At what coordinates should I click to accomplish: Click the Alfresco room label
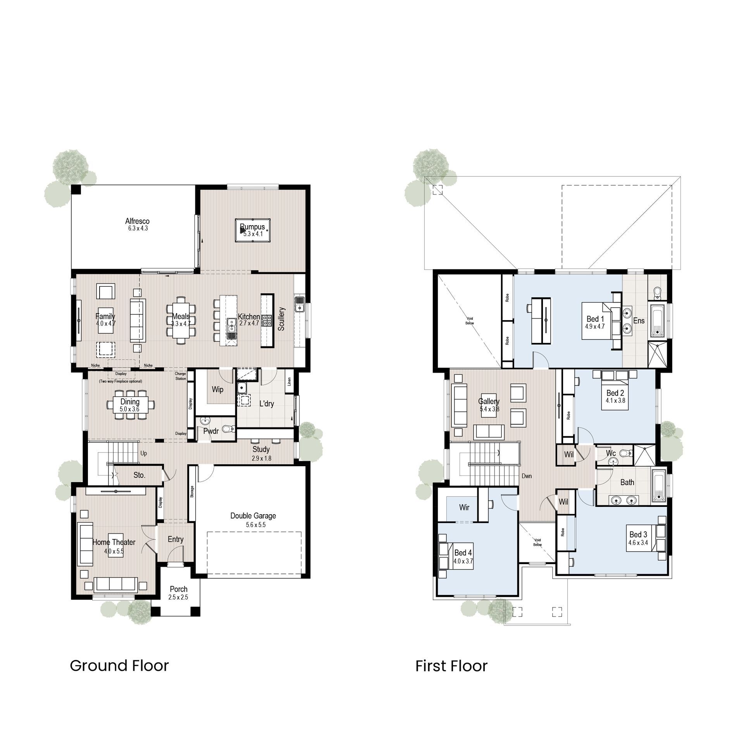click(137, 221)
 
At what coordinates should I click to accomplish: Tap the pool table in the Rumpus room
click(252, 230)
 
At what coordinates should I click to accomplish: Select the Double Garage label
click(253, 516)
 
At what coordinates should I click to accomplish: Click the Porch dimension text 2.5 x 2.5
click(178, 597)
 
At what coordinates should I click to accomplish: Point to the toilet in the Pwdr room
click(231, 428)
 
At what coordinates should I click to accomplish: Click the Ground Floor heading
click(119, 666)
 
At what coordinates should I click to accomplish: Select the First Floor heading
click(451, 666)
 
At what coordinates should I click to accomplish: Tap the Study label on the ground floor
click(261, 449)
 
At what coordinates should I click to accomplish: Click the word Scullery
click(282, 319)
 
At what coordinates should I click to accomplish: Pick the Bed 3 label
click(638, 534)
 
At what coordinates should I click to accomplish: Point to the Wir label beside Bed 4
click(464, 507)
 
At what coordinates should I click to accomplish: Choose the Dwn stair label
click(527, 476)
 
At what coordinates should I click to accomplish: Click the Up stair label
click(144, 453)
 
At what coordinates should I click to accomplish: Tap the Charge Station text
click(181, 376)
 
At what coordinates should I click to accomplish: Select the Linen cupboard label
click(289, 382)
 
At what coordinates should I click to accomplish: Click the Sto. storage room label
click(139, 475)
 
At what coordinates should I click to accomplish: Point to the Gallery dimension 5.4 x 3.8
click(489, 409)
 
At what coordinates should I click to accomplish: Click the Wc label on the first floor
click(611, 453)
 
